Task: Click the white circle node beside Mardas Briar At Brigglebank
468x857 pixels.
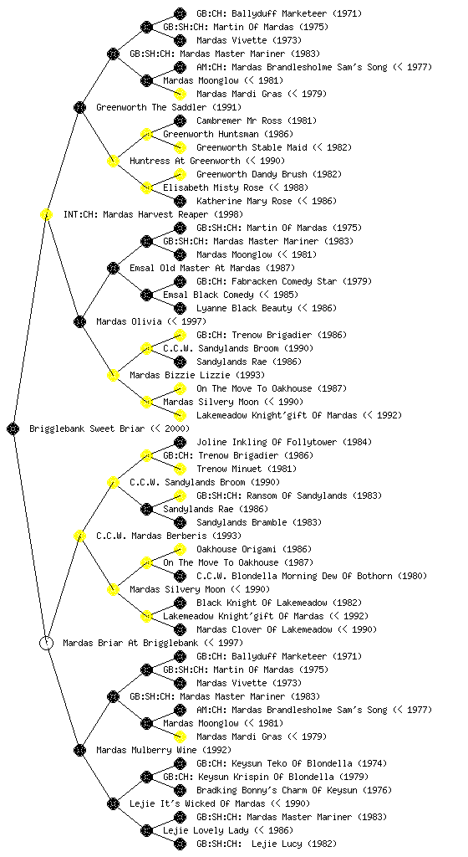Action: pyautogui.click(x=47, y=643)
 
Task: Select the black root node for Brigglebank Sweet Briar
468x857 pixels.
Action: pyautogui.click(x=13, y=428)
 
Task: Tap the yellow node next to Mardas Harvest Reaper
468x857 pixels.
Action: pyautogui.click(x=47, y=214)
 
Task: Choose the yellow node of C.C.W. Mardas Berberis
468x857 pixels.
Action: pyautogui.click(x=80, y=536)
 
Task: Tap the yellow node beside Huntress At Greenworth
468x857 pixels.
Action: pyautogui.click(x=114, y=161)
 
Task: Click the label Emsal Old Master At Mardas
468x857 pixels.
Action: pyautogui.click(x=195, y=268)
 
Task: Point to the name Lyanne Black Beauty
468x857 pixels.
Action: pyautogui.click(x=244, y=308)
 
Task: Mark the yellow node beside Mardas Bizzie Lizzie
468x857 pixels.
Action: pyautogui.click(x=114, y=375)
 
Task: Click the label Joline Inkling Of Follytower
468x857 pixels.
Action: pyautogui.click(x=267, y=442)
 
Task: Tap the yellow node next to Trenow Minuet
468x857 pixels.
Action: pyautogui.click(x=180, y=469)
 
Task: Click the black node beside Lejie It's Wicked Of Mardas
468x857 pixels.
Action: pyautogui.click(x=114, y=803)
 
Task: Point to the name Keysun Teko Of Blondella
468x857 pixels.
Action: pyautogui.click(x=282, y=763)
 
